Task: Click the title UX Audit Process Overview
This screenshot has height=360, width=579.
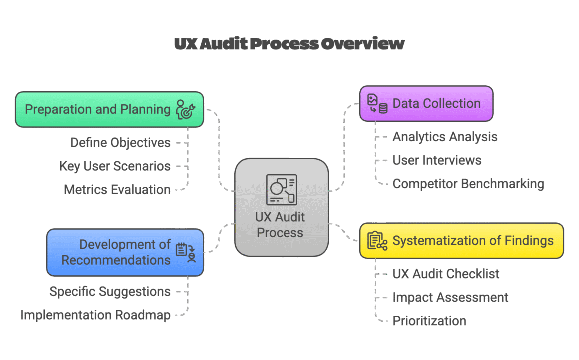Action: (289, 44)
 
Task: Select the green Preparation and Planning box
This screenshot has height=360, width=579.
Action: (109, 109)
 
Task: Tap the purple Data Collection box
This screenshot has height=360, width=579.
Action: (426, 104)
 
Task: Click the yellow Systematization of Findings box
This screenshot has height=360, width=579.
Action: (461, 241)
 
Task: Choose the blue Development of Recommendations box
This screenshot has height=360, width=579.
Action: (125, 252)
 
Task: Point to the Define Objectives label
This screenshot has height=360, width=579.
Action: (120, 143)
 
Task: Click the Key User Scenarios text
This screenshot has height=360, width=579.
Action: (115, 166)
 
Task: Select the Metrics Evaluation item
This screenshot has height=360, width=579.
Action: (117, 190)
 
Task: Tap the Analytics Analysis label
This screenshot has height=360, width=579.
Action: (445, 137)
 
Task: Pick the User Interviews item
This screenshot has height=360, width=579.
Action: (437, 160)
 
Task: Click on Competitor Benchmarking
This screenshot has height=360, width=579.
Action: (468, 184)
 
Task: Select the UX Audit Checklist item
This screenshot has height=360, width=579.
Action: (446, 274)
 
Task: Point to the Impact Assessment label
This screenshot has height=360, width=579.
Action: (450, 298)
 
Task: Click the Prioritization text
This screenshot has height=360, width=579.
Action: (429, 321)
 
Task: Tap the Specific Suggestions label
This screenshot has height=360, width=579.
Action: (110, 292)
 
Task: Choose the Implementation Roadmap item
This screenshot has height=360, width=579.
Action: (95, 315)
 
